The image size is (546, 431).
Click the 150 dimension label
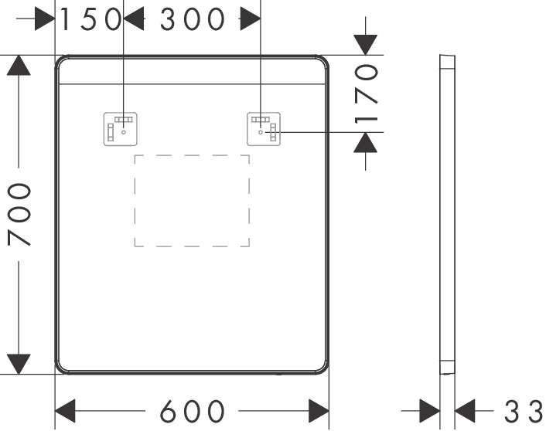(x=91, y=19)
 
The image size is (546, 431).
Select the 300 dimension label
(x=192, y=19)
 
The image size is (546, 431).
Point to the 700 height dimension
(x=19, y=215)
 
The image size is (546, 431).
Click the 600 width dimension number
(x=192, y=411)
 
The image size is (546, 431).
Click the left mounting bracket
(x=121, y=128)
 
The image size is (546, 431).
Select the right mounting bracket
(x=264, y=129)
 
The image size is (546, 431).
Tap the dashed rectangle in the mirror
(x=192, y=201)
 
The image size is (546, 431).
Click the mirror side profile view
(x=447, y=215)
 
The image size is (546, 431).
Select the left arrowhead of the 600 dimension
(x=65, y=410)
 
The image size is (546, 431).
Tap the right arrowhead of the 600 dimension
(x=319, y=410)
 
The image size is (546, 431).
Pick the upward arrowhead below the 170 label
(x=366, y=142)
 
